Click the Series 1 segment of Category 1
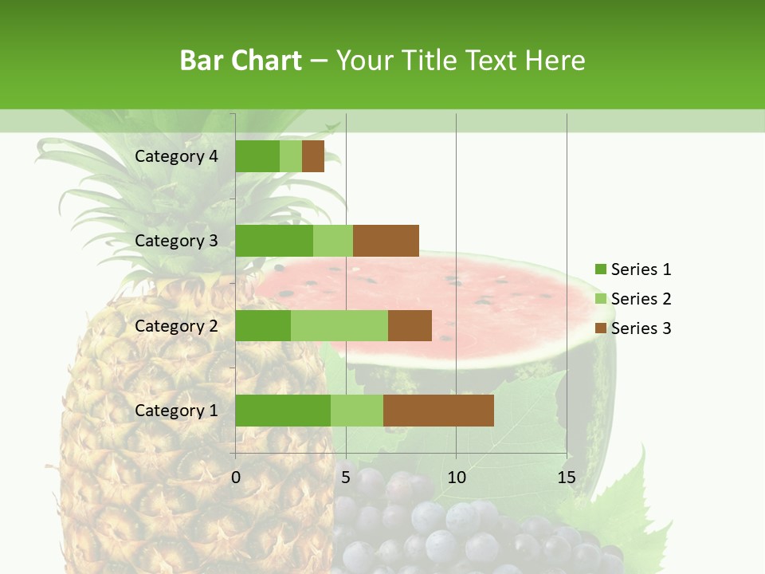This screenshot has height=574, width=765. click(x=283, y=411)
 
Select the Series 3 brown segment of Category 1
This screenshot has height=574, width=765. click(x=438, y=411)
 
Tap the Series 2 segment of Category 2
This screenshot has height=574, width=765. click(x=339, y=325)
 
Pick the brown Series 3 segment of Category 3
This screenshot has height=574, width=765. click(x=386, y=241)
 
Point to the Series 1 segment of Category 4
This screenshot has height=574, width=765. click(x=257, y=156)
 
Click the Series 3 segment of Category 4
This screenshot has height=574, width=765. click(x=313, y=156)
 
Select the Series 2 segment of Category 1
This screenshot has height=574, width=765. click(x=357, y=411)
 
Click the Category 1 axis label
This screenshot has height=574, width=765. click(x=176, y=411)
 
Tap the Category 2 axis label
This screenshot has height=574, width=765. click(x=176, y=325)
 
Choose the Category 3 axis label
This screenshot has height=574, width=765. click(x=176, y=241)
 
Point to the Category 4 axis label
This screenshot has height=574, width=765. click(x=176, y=156)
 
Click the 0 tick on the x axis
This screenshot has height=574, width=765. click(x=236, y=478)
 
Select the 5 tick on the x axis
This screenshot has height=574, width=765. click(x=346, y=478)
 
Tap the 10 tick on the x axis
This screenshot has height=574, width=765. click(x=456, y=478)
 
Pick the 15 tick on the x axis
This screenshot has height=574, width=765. click(x=567, y=478)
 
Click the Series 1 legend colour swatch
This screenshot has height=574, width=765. click(x=600, y=269)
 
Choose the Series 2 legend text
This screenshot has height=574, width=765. click(x=641, y=299)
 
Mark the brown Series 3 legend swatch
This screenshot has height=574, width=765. click(x=600, y=328)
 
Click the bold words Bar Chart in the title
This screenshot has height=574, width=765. click(x=241, y=61)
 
